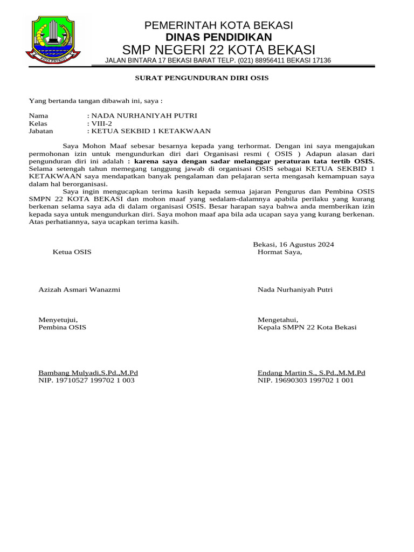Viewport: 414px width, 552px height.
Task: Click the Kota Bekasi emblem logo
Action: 53,41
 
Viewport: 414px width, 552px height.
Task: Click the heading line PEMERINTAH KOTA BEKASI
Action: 218,25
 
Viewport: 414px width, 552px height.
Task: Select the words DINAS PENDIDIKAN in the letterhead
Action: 218,37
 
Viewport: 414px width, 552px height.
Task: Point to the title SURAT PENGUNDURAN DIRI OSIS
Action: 201,78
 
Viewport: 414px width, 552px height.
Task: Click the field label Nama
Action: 38,116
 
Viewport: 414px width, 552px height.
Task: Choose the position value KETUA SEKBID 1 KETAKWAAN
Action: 151,131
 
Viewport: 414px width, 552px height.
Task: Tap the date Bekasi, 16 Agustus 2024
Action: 293,244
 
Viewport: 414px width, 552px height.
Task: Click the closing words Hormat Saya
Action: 280,252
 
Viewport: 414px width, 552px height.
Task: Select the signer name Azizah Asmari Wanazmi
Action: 79,289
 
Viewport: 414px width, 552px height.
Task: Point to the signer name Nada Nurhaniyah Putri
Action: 295,289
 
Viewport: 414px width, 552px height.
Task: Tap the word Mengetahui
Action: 278,320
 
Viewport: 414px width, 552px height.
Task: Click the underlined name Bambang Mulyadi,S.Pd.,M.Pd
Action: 88,372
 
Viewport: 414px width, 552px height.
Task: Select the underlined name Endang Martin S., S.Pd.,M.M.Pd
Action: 311,372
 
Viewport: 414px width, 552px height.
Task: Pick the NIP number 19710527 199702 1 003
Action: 86,380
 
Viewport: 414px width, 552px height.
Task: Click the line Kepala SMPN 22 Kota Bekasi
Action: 307,327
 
